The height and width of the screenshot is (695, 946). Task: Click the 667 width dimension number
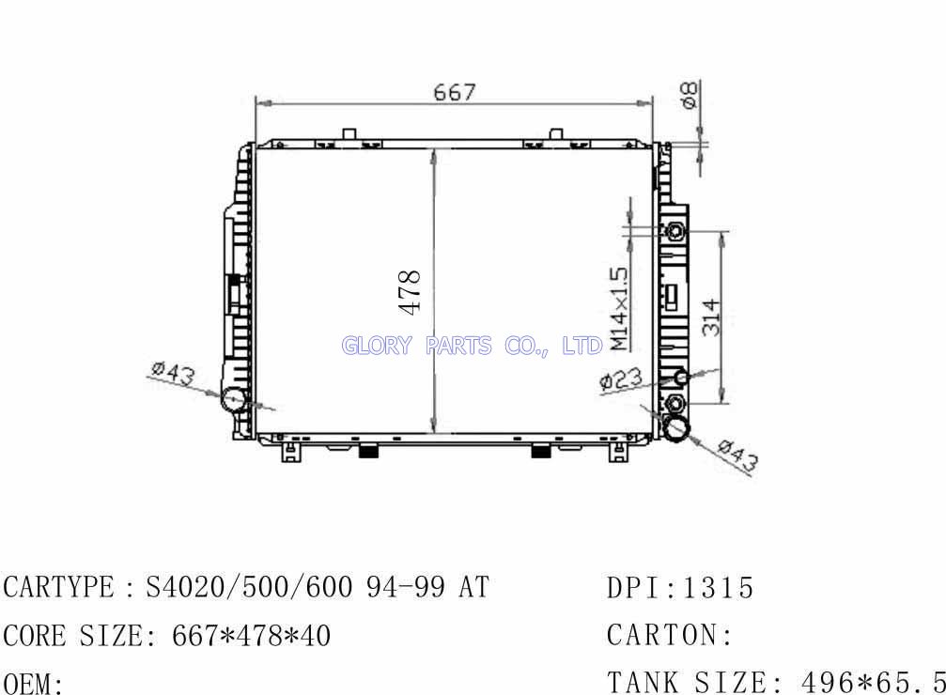coord(455,92)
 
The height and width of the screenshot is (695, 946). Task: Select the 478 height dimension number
coord(410,292)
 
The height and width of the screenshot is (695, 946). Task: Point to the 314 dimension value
coord(712,317)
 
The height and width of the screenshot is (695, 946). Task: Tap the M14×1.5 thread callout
coord(619,309)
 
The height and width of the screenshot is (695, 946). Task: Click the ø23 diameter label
coord(621,380)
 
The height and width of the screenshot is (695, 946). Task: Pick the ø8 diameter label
coord(689,95)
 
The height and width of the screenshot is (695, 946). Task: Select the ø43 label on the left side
coord(173,373)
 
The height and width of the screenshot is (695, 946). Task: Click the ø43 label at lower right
coord(737,455)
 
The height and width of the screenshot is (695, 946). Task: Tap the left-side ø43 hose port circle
coord(234,399)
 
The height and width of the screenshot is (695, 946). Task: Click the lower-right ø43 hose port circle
coord(677,427)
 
